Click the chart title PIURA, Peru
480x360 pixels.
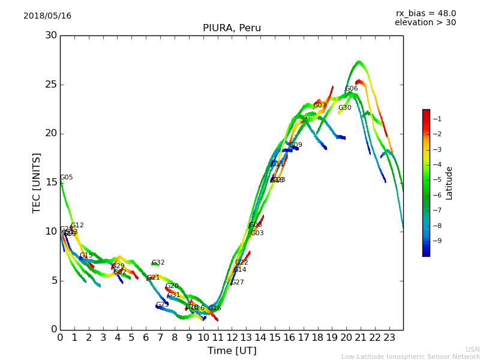click(232, 28)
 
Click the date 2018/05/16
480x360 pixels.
click(47, 16)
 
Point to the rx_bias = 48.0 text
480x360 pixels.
click(425, 14)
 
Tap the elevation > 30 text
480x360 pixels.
click(425, 23)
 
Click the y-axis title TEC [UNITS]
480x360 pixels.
click(37, 182)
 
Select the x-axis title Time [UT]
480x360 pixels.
click(232, 350)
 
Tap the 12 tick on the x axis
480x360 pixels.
click(232, 338)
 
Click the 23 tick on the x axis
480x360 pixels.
click(389, 338)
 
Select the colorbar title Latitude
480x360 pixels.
click(449, 183)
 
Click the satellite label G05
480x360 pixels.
click(66, 178)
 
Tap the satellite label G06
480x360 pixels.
click(351, 89)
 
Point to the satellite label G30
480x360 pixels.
click(344, 108)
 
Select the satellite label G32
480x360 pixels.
click(158, 263)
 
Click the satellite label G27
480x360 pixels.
click(237, 283)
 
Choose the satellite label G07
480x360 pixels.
click(319, 106)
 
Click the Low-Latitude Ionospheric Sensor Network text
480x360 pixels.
click(410, 356)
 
